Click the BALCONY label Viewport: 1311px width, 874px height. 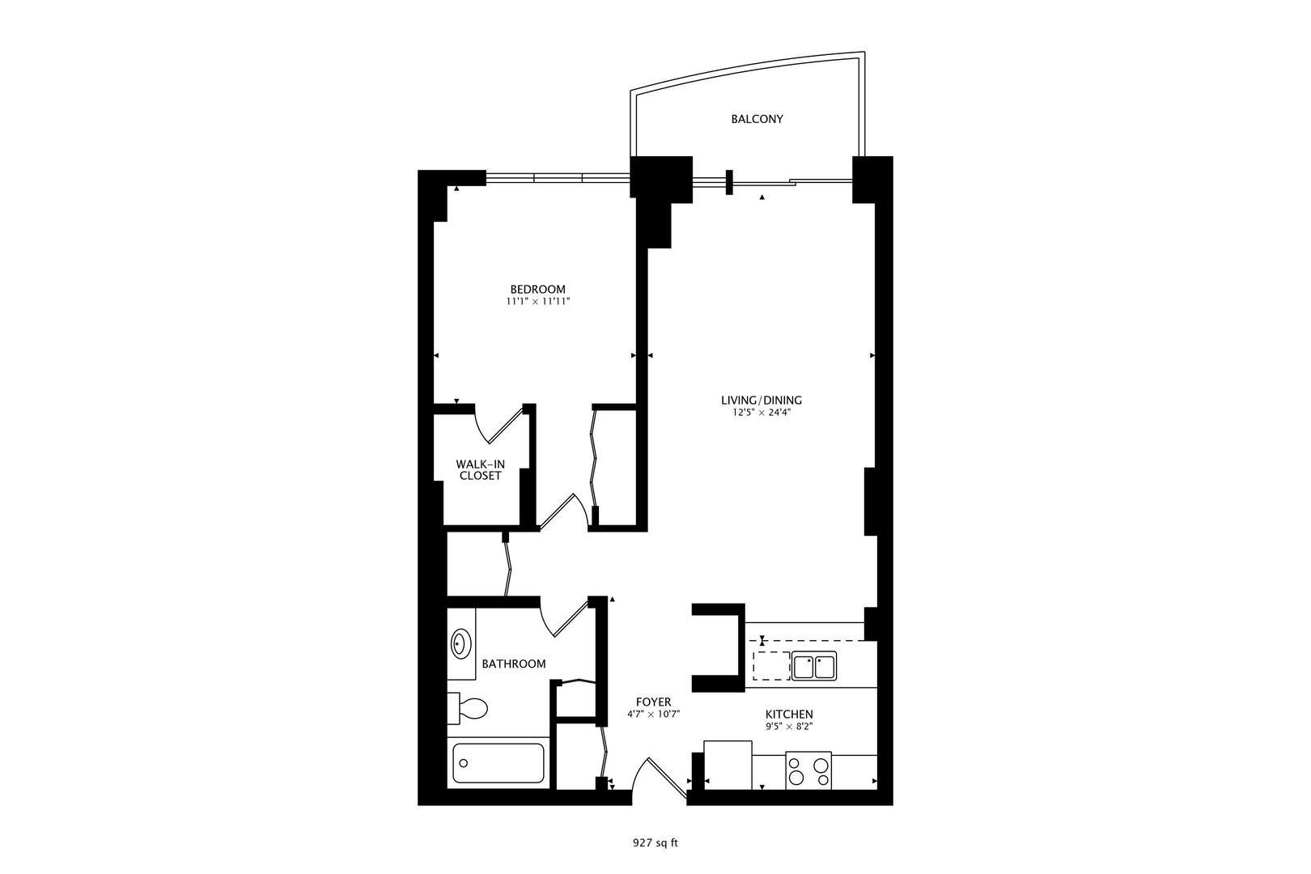(x=757, y=119)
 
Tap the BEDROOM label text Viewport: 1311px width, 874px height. (x=538, y=289)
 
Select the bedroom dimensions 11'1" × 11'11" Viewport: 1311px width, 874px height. (x=538, y=302)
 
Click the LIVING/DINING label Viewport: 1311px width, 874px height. (x=762, y=401)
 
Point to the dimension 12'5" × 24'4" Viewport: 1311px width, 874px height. (x=762, y=413)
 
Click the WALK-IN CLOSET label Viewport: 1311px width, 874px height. (x=480, y=470)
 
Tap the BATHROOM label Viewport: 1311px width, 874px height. (x=513, y=664)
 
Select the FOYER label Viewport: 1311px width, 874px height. (x=653, y=702)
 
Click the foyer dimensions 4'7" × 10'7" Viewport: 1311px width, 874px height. (x=653, y=715)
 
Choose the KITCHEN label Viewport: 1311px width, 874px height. (x=789, y=715)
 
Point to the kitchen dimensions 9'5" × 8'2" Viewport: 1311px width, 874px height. (x=789, y=727)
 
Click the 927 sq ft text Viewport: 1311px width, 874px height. (x=655, y=843)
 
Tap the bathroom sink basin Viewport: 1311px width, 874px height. (x=461, y=644)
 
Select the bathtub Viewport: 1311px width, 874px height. (x=498, y=763)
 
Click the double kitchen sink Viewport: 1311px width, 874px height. (x=814, y=667)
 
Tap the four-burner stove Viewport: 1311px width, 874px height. (x=808, y=770)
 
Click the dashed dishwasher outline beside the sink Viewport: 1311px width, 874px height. (x=771, y=666)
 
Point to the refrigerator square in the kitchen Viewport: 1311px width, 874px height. (x=728, y=765)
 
